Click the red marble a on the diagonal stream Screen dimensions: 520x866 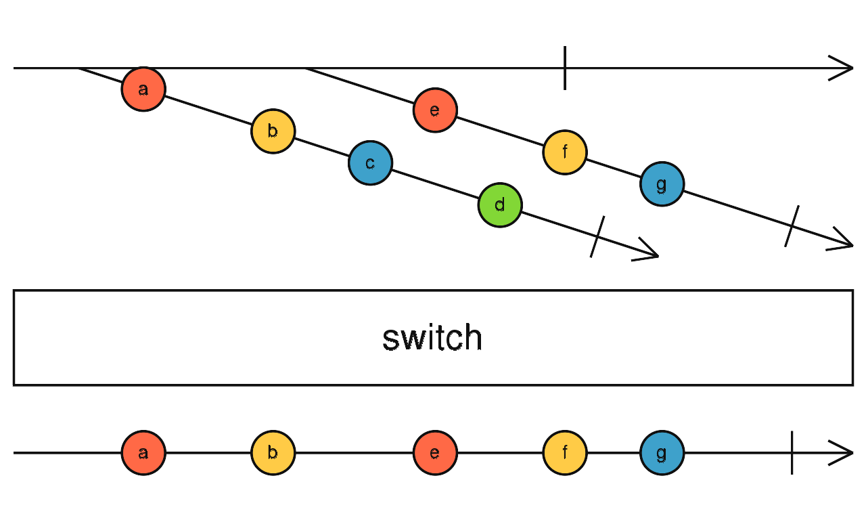(x=143, y=89)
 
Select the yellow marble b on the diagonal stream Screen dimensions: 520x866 (x=273, y=131)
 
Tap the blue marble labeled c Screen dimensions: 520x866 (x=370, y=163)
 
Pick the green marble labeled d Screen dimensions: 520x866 (x=500, y=204)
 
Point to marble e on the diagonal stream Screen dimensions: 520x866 (x=435, y=110)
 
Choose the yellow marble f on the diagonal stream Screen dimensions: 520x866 (x=564, y=152)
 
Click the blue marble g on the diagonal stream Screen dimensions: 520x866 (x=662, y=184)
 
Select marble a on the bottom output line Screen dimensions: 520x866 (x=143, y=453)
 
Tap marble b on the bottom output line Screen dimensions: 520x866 (x=273, y=453)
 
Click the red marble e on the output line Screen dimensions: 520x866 (x=435, y=453)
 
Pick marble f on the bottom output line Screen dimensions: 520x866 (x=564, y=453)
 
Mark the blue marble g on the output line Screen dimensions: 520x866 (x=662, y=453)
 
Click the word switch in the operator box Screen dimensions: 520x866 (x=432, y=338)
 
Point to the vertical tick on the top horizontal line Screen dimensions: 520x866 (x=565, y=68)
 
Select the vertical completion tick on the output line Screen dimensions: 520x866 (x=792, y=453)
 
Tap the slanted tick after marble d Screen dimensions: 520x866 (x=597, y=236)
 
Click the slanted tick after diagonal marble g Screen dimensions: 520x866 (x=792, y=226)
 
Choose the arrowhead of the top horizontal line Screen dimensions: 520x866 (x=844, y=68)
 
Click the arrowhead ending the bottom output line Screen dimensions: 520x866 (x=844, y=453)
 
